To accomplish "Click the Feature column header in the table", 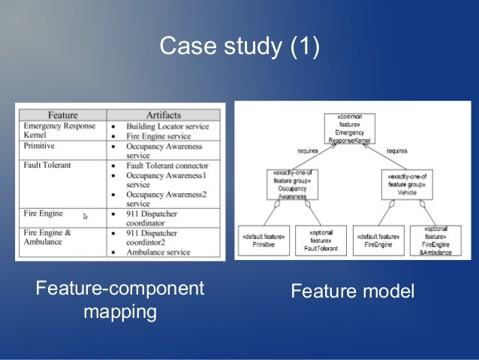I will coord(62,115).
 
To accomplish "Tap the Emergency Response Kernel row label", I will coord(59,131).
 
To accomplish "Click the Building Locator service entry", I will coord(167,126).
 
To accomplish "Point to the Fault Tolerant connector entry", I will coord(167,165).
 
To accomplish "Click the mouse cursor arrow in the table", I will coord(85,216).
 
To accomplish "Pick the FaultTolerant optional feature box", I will coord(320,240).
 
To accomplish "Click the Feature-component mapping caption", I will coord(120,300).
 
